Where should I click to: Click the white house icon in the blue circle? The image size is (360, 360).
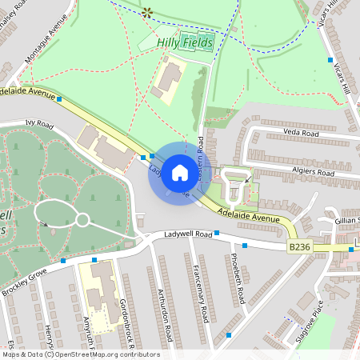(x=180, y=172)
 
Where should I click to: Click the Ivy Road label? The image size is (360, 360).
(x=38, y=126)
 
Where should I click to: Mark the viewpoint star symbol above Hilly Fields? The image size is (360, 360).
(x=146, y=12)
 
